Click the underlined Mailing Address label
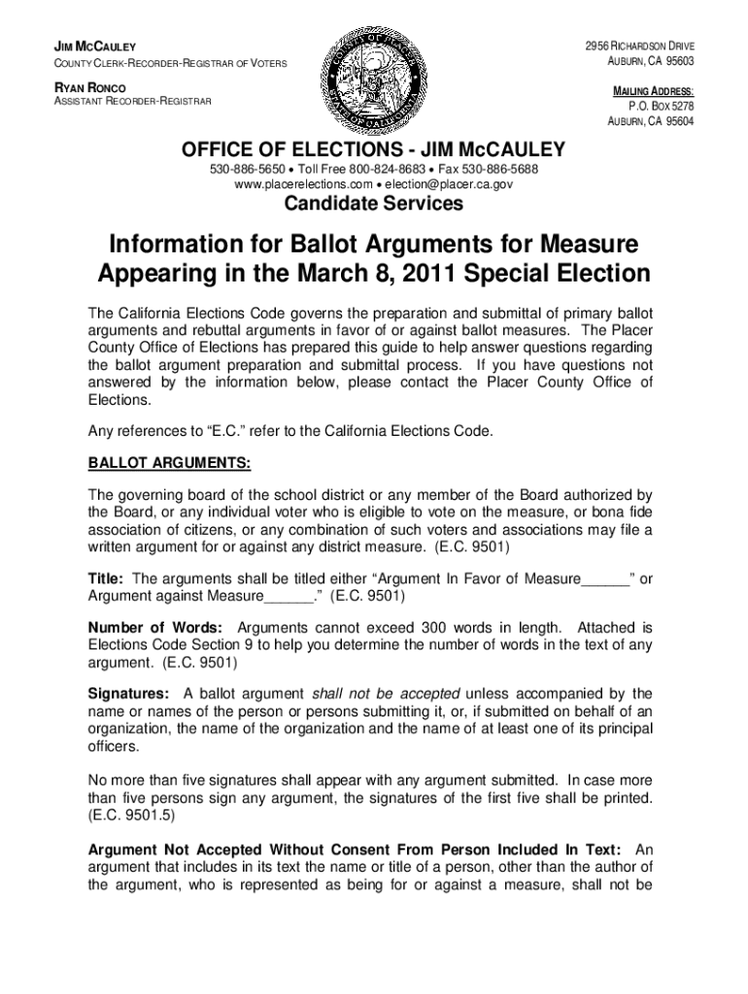point(652,91)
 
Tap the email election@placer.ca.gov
point(448,183)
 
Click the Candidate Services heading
point(373,204)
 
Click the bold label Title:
point(106,579)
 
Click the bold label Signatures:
point(129,693)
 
